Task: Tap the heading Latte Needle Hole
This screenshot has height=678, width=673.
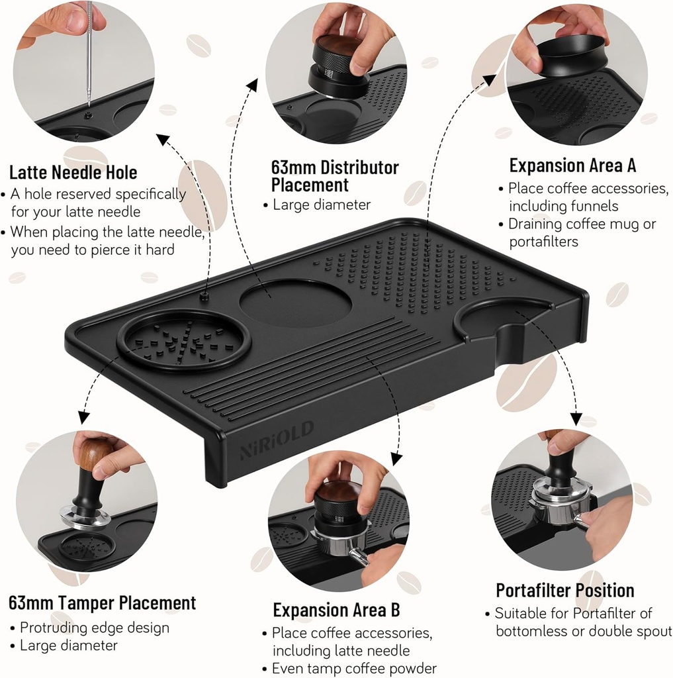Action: pos(73,173)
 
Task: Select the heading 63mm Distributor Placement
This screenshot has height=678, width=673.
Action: pos(335,175)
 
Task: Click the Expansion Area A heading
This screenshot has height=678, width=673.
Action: pos(572,165)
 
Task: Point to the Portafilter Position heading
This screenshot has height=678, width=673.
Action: pos(565,590)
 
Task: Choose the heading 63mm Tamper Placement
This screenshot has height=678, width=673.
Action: pos(103,603)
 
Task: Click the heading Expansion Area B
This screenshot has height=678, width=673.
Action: pos(336,609)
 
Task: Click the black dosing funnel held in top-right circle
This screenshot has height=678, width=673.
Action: pos(572,56)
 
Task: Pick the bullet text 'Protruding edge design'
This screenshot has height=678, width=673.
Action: pos(95,627)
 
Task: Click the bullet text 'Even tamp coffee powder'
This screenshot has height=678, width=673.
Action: pos(354,668)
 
